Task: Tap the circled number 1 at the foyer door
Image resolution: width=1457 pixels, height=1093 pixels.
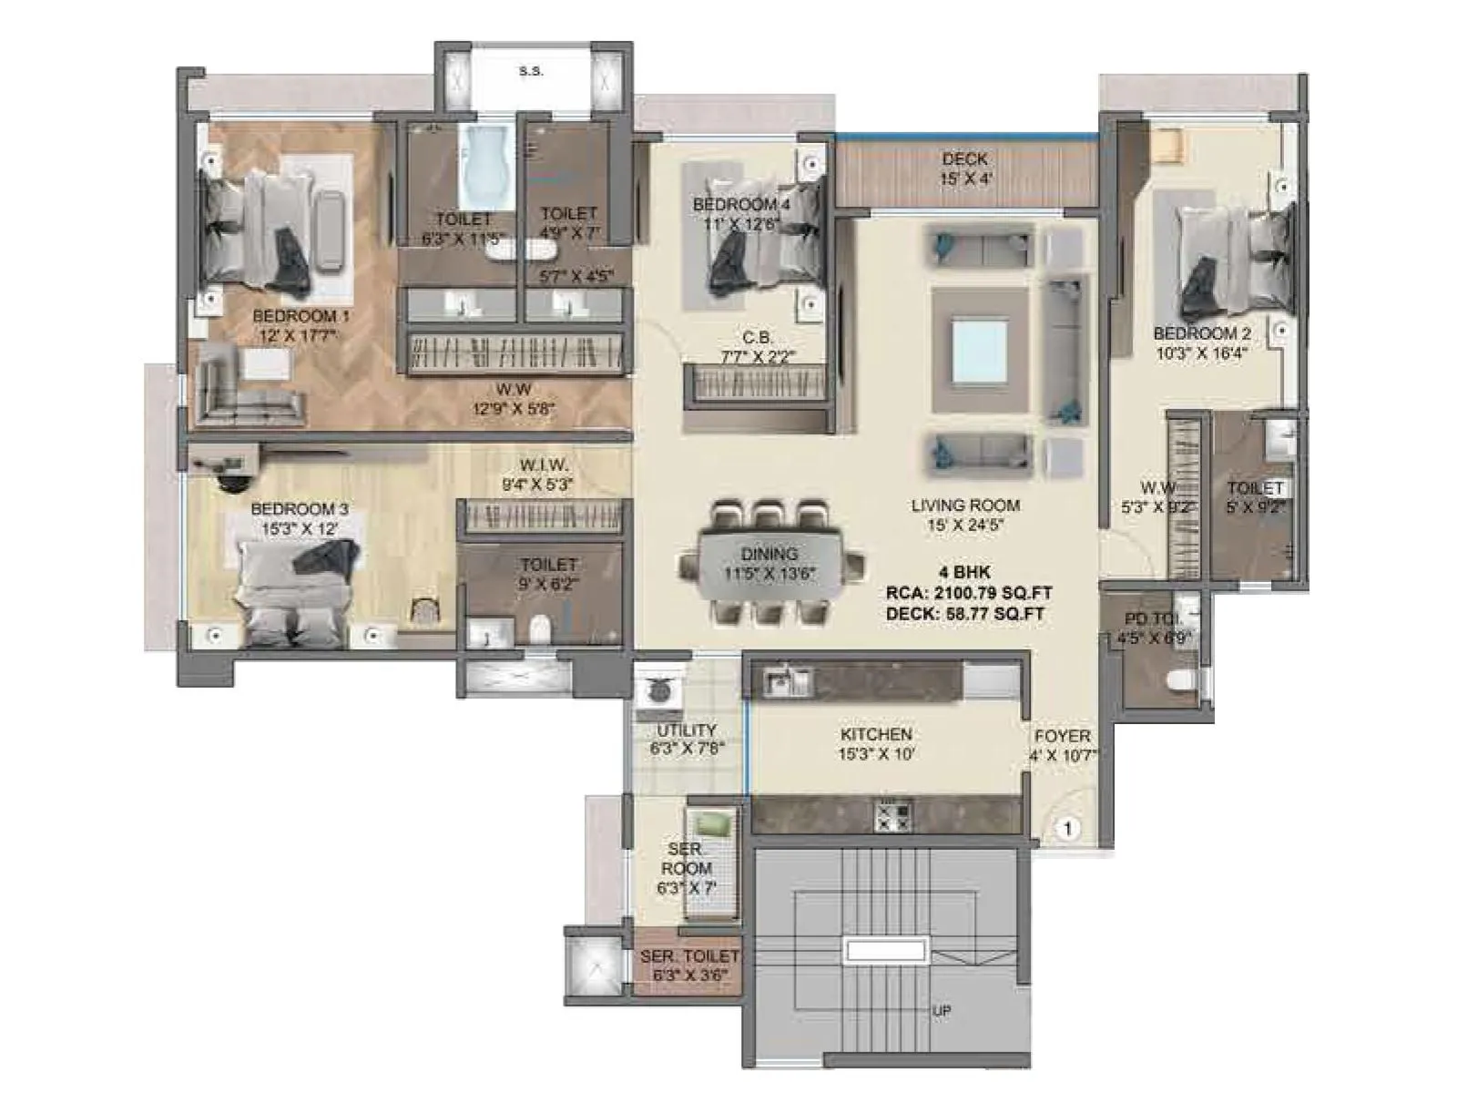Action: coord(1067,829)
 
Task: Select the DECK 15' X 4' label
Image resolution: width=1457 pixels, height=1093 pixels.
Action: coord(965,169)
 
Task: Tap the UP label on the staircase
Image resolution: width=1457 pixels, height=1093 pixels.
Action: coord(942,1011)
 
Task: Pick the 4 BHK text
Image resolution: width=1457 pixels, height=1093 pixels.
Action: coord(964,574)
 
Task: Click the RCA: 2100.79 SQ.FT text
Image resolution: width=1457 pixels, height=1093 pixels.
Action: coord(969,594)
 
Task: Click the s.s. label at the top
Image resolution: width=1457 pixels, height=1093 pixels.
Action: coord(531,71)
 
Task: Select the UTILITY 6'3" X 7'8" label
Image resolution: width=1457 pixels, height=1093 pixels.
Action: coord(686,740)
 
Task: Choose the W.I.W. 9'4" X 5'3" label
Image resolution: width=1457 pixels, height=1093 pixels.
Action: coord(545,475)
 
